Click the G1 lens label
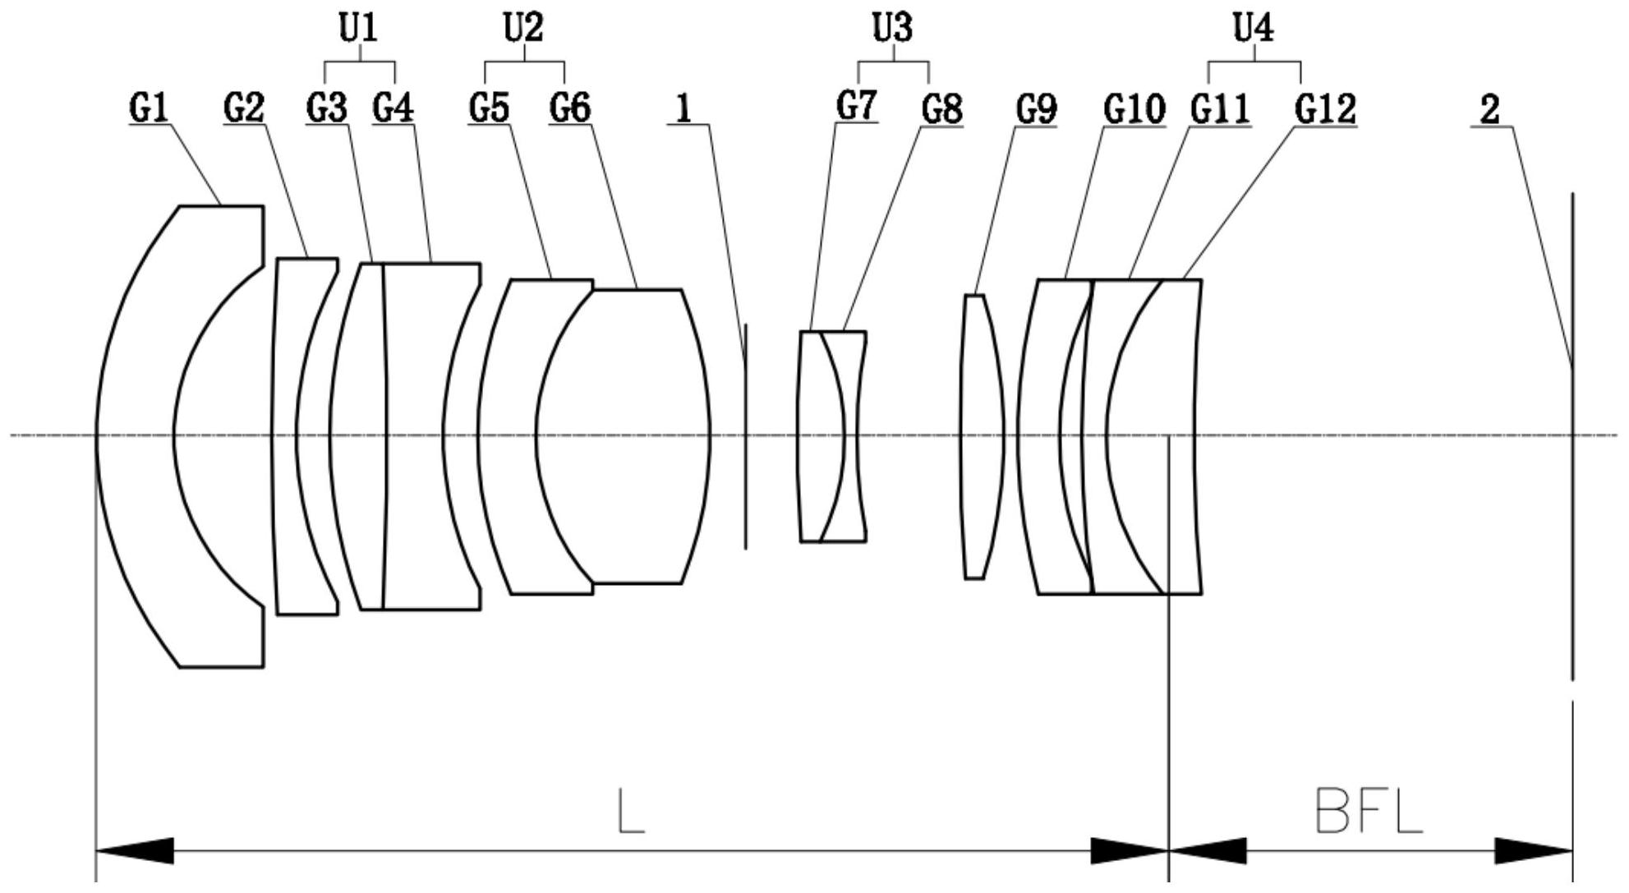(x=149, y=108)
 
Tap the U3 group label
(x=892, y=28)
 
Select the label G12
(x=1325, y=108)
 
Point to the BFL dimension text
(x=1368, y=811)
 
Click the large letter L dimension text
(x=631, y=811)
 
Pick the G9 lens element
(x=982, y=436)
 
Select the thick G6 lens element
(x=624, y=436)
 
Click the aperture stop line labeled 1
(x=746, y=436)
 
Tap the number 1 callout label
(x=683, y=108)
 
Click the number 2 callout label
(x=1490, y=109)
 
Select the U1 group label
(x=358, y=28)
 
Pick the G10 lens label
(x=1134, y=108)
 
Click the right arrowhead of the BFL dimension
(x=1533, y=851)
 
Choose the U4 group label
(x=1254, y=28)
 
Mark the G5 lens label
(x=489, y=108)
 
